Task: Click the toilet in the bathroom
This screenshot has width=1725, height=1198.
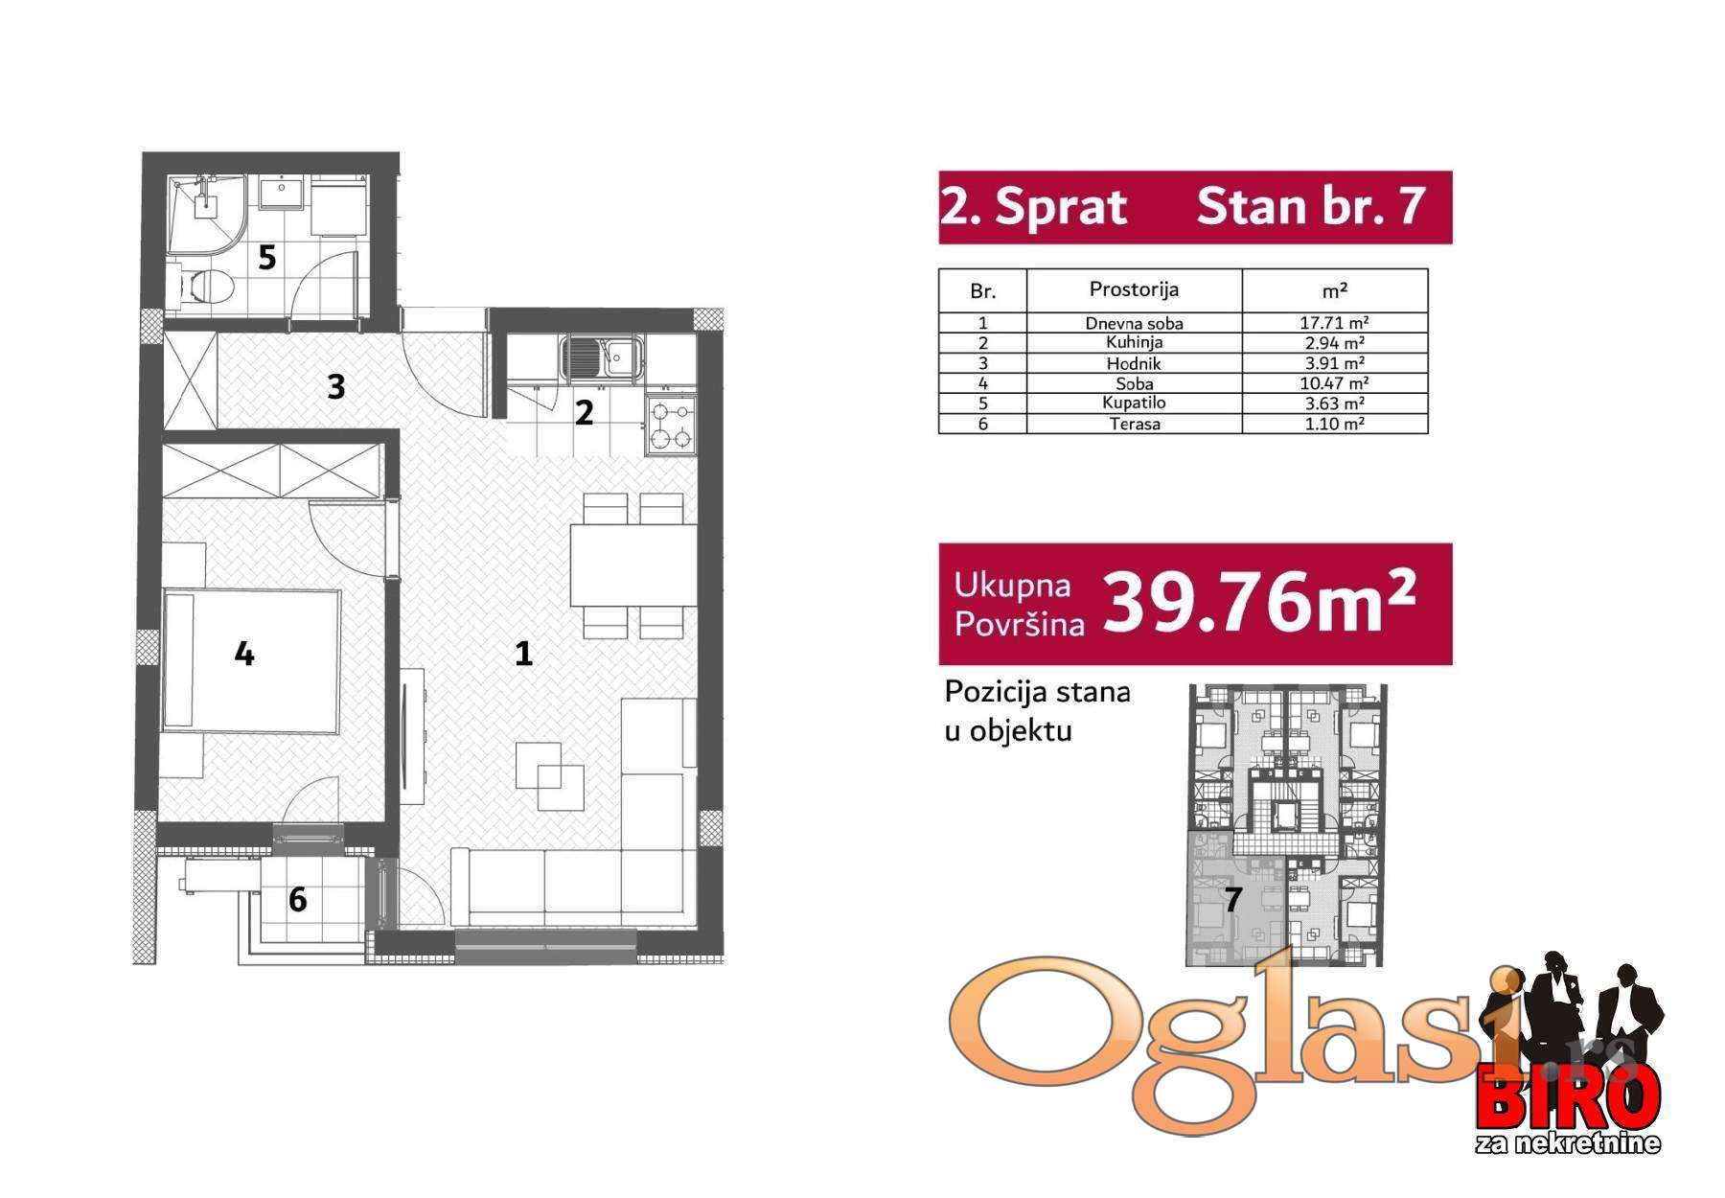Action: click(203, 287)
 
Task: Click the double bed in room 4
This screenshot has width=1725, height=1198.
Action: click(251, 660)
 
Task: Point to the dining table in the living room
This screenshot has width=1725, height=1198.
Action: click(633, 564)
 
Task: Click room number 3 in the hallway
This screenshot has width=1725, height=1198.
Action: click(335, 386)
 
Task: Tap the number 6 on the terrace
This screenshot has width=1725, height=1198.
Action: click(297, 899)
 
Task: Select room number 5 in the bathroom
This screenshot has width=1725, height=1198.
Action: click(267, 257)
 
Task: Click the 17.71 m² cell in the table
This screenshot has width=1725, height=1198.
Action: click(1334, 323)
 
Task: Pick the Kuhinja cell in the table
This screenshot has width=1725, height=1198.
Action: click(1134, 342)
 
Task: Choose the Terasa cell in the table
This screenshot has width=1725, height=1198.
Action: click(1135, 424)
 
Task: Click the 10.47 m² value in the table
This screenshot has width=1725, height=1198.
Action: click(1334, 383)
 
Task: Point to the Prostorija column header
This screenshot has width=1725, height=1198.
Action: click(1134, 289)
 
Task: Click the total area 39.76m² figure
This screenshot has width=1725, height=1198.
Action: click(1259, 603)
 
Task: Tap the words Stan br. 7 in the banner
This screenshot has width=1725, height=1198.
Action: click(1311, 207)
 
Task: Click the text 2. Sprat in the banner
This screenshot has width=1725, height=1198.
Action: click(1034, 207)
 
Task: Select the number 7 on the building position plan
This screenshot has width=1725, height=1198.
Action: click(1233, 899)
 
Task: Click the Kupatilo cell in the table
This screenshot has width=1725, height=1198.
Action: click(1134, 403)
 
